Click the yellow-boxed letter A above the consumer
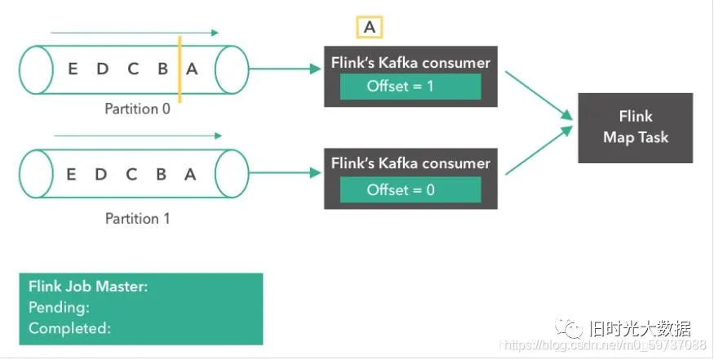tap(370, 27)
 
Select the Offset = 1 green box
tap(410, 87)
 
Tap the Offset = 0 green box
tap(410, 189)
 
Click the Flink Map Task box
tap(635, 127)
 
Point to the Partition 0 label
tap(138, 109)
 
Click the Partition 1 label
tap(138, 218)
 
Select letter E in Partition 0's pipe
tap(72, 69)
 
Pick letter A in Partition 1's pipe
tap(190, 174)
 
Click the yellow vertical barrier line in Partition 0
tap(180, 69)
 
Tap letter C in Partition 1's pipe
tap(131, 174)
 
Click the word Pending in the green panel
tap(59, 308)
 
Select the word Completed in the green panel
tap(69, 328)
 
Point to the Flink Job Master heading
tap(88, 287)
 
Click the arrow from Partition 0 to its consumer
tap(286, 69)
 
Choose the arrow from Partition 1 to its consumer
tap(286, 173)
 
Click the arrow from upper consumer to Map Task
tap(539, 96)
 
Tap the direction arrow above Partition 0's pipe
tap(135, 33)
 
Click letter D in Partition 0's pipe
tap(102, 69)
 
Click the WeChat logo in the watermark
tap(569, 327)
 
